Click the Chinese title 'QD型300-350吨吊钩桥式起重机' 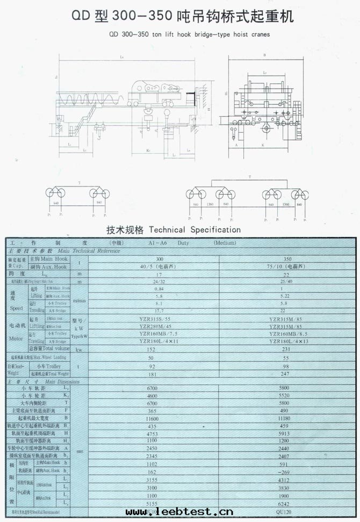pos(180,17)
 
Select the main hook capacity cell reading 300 pos(159,259)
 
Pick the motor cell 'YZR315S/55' pos(159,320)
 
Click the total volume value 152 pos(159,349)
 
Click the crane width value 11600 pos(159,417)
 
